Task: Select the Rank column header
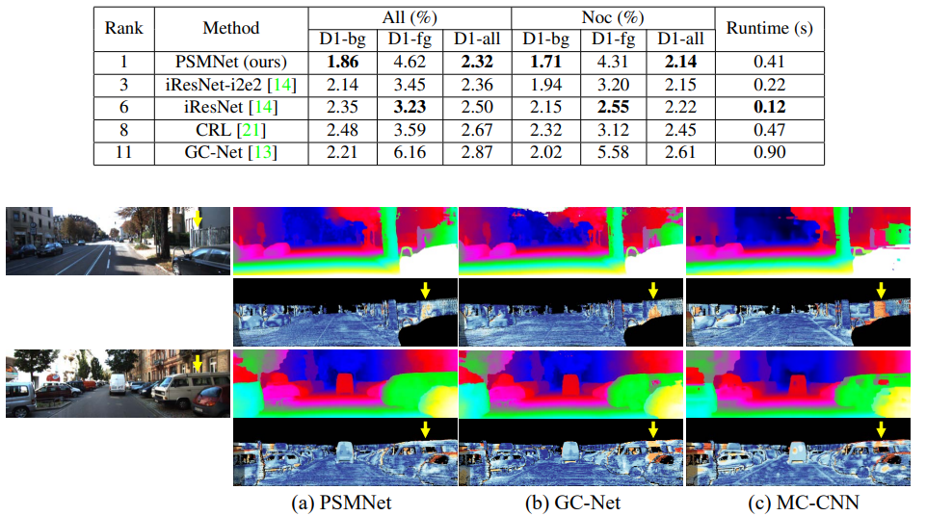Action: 123,28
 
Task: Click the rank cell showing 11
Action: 123,151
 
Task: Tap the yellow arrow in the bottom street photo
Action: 198,363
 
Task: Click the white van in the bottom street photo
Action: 115,383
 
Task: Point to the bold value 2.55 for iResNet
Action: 610,107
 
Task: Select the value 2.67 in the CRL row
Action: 474,129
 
